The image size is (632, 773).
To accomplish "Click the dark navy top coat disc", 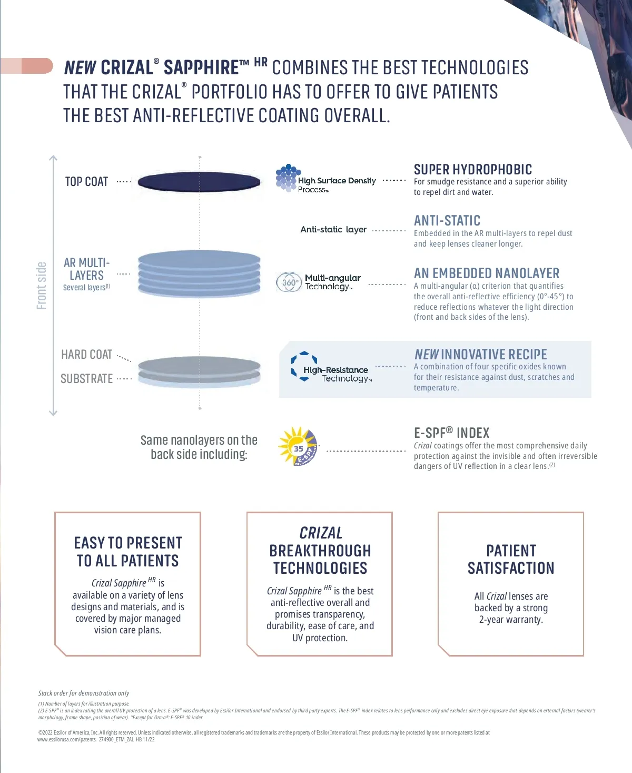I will click(199, 182).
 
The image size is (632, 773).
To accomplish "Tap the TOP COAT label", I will click(86, 182).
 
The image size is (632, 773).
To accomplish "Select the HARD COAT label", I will click(87, 355).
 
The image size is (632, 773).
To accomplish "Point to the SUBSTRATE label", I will click(87, 379).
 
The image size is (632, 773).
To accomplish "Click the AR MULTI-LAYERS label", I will click(87, 269).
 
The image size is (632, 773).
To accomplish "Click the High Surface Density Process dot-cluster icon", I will click(287, 178).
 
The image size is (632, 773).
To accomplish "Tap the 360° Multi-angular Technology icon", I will click(289, 282).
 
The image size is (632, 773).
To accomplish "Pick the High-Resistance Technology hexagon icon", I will click(304, 366).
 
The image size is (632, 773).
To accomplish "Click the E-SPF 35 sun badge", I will click(298, 447).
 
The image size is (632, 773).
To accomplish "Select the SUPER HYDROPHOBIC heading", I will click(472, 170).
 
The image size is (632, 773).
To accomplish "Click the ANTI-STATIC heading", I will click(447, 221).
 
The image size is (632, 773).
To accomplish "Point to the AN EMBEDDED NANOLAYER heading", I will click(487, 273).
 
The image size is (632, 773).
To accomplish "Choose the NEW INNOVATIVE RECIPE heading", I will click(480, 355).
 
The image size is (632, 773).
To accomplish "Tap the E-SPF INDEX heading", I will click(451, 433).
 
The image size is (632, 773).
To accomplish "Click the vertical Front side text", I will click(42, 286).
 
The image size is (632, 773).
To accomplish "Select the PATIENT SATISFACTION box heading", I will click(511, 560).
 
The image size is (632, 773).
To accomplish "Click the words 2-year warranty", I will click(510, 620).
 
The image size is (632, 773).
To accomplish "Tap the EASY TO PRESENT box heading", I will click(128, 552).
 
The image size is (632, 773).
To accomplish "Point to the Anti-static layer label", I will click(333, 230).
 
